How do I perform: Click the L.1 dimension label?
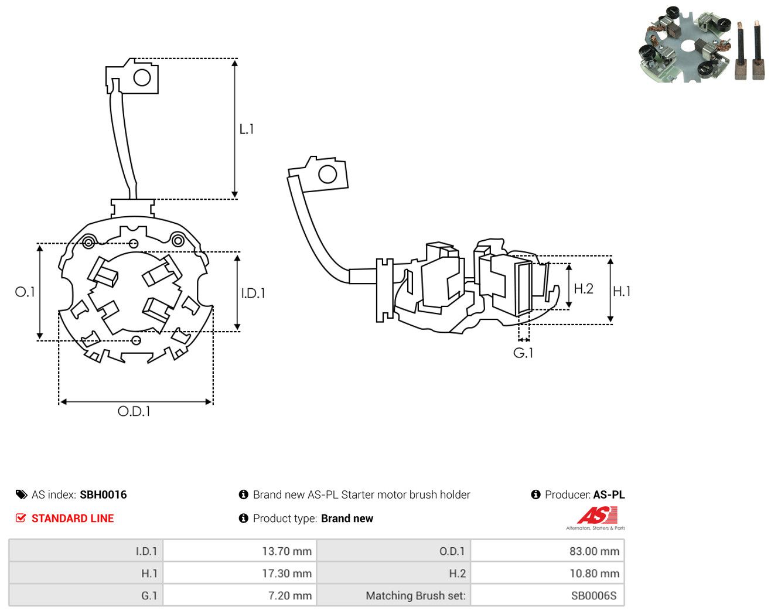(x=247, y=129)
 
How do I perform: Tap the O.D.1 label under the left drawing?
(x=134, y=411)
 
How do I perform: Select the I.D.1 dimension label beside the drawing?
(x=253, y=294)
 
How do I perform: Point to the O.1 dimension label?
(x=25, y=292)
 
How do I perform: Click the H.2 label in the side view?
(x=584, y=289)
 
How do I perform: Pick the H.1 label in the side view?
(x=622, y=291)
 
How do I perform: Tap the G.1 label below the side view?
(x=523, y=353)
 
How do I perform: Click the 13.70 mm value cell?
(x=239, y=551)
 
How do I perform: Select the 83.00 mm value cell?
(x=547, y=551)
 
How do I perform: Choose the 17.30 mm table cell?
(x=239, y=573)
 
